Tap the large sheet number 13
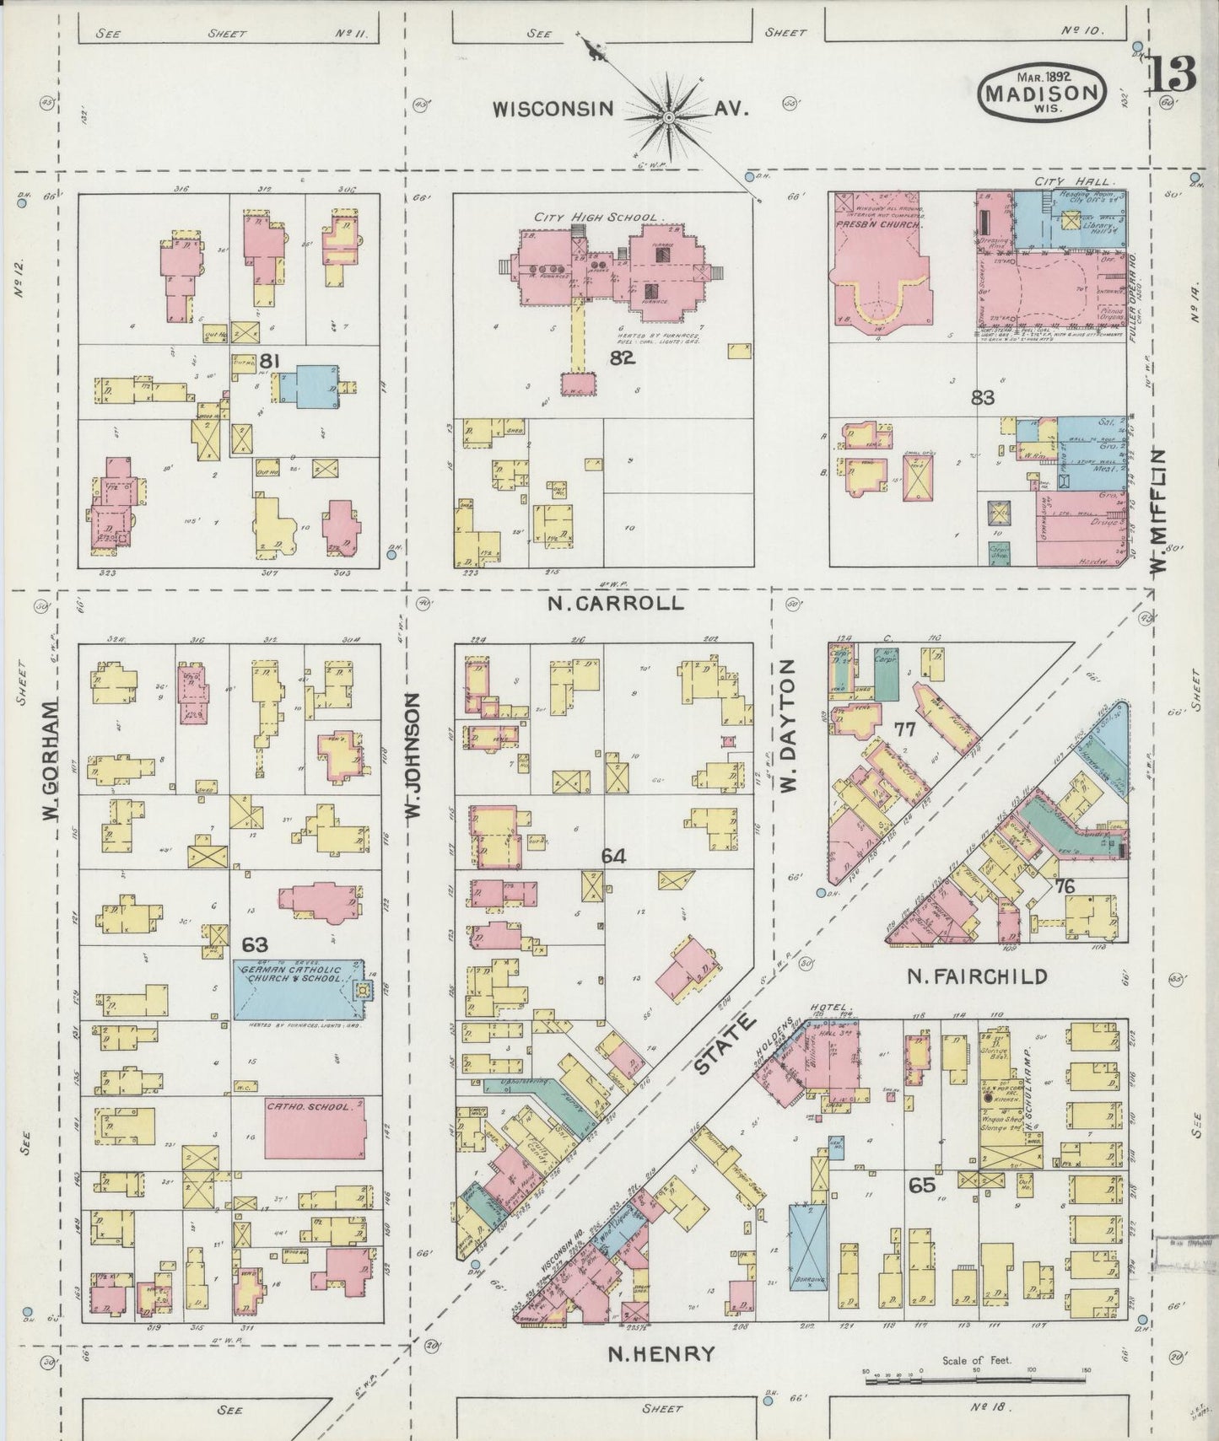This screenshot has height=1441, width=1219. click(1171, 76)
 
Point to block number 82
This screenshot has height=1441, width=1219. click(623, 358)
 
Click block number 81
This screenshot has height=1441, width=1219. click(269, 362)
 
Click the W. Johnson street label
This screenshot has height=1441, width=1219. click(413, 756)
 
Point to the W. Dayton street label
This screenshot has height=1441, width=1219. click(788, 726)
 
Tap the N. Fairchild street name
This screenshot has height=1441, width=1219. click(977, 976)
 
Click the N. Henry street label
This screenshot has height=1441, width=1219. click(661, 1354)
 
